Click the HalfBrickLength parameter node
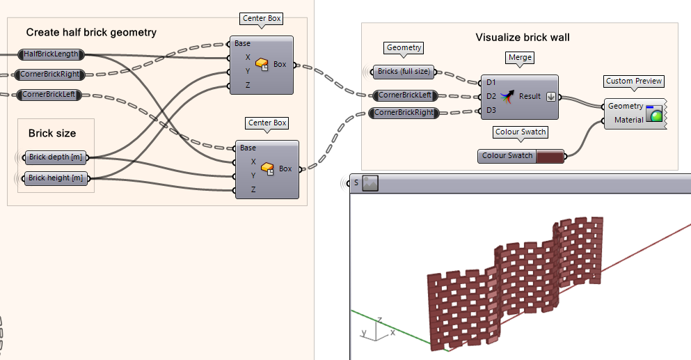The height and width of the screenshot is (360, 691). coord(51,54)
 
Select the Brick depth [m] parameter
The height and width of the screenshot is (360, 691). coord(55,157)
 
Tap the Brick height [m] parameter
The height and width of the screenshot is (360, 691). coord(56,178)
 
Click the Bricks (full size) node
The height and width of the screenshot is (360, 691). coord(404,72)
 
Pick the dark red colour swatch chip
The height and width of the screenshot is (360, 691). coord(549,156)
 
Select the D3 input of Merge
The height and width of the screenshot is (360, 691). coord(491,110)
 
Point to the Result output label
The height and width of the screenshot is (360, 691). coord(530,96)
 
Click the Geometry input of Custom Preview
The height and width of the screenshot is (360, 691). coord(625,107)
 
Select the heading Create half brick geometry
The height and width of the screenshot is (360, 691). coord(91,32)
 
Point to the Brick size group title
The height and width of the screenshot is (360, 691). coord(52,133)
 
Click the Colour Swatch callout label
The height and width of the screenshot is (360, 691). coord(521,132)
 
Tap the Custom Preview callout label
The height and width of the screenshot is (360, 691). coord(634,81)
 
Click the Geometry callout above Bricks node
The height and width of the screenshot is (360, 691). coord(404,48)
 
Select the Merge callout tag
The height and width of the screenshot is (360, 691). coord(521,57)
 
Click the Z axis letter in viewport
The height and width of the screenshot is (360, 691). coord(379,320)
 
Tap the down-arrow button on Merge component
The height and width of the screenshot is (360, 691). coord(550,97)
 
